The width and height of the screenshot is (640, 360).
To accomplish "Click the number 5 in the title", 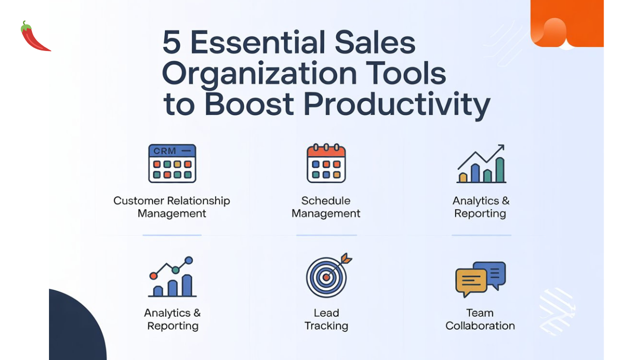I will (171, 43).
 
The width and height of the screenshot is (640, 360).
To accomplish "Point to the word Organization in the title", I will (259, 74).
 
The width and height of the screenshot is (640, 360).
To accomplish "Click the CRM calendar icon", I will (172, 163).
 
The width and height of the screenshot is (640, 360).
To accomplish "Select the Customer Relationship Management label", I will (171, 207).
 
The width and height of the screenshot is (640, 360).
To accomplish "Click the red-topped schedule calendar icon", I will (326, 163).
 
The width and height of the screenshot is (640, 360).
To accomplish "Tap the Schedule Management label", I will (325, 207).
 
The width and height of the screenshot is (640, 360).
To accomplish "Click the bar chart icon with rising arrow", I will (481, 164).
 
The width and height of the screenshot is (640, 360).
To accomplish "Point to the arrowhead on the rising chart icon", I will (499, 148).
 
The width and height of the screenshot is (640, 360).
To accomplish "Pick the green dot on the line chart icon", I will (175, 270).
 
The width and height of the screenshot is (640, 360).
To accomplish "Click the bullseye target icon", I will (326, 276).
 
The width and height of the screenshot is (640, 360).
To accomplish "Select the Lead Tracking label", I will (326, 319).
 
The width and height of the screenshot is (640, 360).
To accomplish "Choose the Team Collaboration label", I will (480, 319).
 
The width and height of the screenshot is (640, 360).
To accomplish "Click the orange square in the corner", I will (567, 23).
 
